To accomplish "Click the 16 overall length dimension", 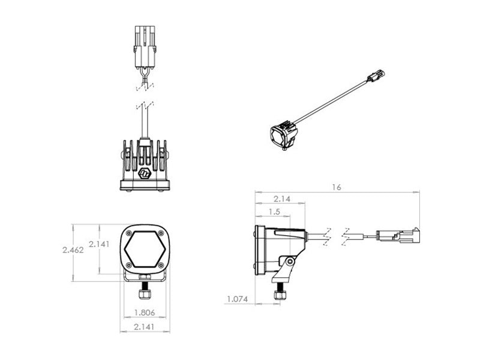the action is [x=337, y=187].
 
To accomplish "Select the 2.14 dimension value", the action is [x=282, y=199].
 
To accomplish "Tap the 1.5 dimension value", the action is [x=274, y=212].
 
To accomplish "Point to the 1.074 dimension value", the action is [x=237, y=299].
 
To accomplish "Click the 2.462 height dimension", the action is [x=73, y=250].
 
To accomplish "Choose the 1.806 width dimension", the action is [x=145, y=313].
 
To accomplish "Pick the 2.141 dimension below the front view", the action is [x=144, y=327].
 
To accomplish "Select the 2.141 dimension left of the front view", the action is [x=99, y=244].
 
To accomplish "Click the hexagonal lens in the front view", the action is [x=145, y=249].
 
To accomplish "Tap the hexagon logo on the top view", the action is [x=145, y=173].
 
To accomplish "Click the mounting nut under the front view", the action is [x=145, y=294].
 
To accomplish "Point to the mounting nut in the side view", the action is [x=279, y=295].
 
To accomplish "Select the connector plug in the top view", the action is [x=145, y=47].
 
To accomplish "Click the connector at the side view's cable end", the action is [x=398, y=236].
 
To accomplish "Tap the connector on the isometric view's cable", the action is [x=376, y=76].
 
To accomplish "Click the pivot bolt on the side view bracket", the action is [x=290, y=262].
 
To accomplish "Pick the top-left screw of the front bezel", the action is [x=129, y=233].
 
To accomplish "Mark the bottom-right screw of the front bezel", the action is [x=161, y=265].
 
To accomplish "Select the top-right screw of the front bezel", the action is [x=161, y=233].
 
